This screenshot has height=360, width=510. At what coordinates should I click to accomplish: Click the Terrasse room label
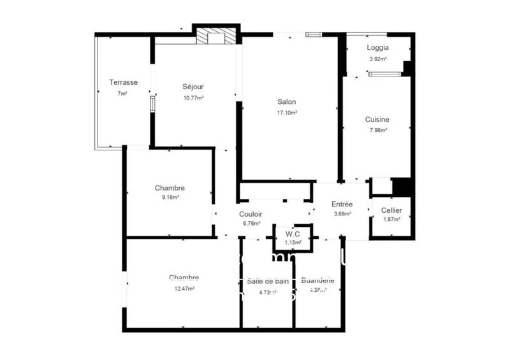pyautogui.click(x=123, y=82)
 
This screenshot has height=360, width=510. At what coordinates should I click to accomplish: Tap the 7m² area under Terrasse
pyautogui.click(x=122, y=94)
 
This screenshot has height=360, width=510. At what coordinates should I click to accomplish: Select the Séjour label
pyautogui.click(x=193, y=87)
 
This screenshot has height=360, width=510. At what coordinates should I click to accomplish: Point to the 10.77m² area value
pyautogui.click(x=193, y=98)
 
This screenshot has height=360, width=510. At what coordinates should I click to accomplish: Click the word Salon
pyautogui.click(x=286, y=101)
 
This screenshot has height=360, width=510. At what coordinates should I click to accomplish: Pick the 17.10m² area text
pyautogui.click(x=286, y=113)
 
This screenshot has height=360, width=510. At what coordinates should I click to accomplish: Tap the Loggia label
pyautogui.click(x=377, y=48)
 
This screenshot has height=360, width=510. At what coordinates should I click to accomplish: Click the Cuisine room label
pyautogui.click(x=377, y=119)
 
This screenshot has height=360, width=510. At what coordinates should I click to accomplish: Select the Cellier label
pyautogui.click(x=391, y=210)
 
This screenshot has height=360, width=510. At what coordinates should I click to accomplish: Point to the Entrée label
pyautogui.click(x=342, y=204)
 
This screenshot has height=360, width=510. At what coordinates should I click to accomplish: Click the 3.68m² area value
pyautogui.click(x=342, y=214)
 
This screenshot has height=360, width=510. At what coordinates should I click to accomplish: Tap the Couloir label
pyautogui.click(x=251, y=214)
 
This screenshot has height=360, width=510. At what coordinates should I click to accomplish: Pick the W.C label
pyautogui.click(x=293, y=234)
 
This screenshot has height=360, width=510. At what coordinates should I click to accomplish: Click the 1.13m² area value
pyautogui.click(x=293, y=242)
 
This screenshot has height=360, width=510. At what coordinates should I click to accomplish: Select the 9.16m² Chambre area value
pyautogui.click(x=170, y=198)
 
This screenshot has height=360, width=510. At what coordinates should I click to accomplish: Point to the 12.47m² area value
pyautogui.click(x=184, y=288)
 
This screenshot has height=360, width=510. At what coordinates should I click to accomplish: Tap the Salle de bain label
pyautogui.click(x=268, y=281)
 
